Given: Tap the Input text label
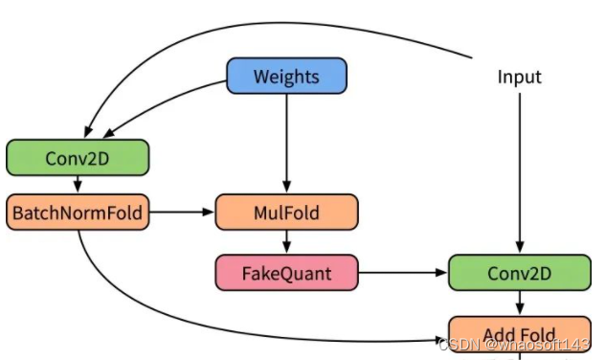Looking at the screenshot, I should (x=520, y=76).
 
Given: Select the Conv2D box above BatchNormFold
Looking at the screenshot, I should (x=78, y=157).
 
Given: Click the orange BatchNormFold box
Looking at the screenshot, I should (x=78, y=212).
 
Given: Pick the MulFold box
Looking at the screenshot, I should (x=287, y=212).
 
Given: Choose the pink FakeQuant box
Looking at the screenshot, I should (x=286, y=273).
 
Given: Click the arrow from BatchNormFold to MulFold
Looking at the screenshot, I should (x=182, y=212).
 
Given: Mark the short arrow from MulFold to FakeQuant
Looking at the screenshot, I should (x=287, y=242).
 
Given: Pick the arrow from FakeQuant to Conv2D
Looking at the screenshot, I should (x=402, y=273).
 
